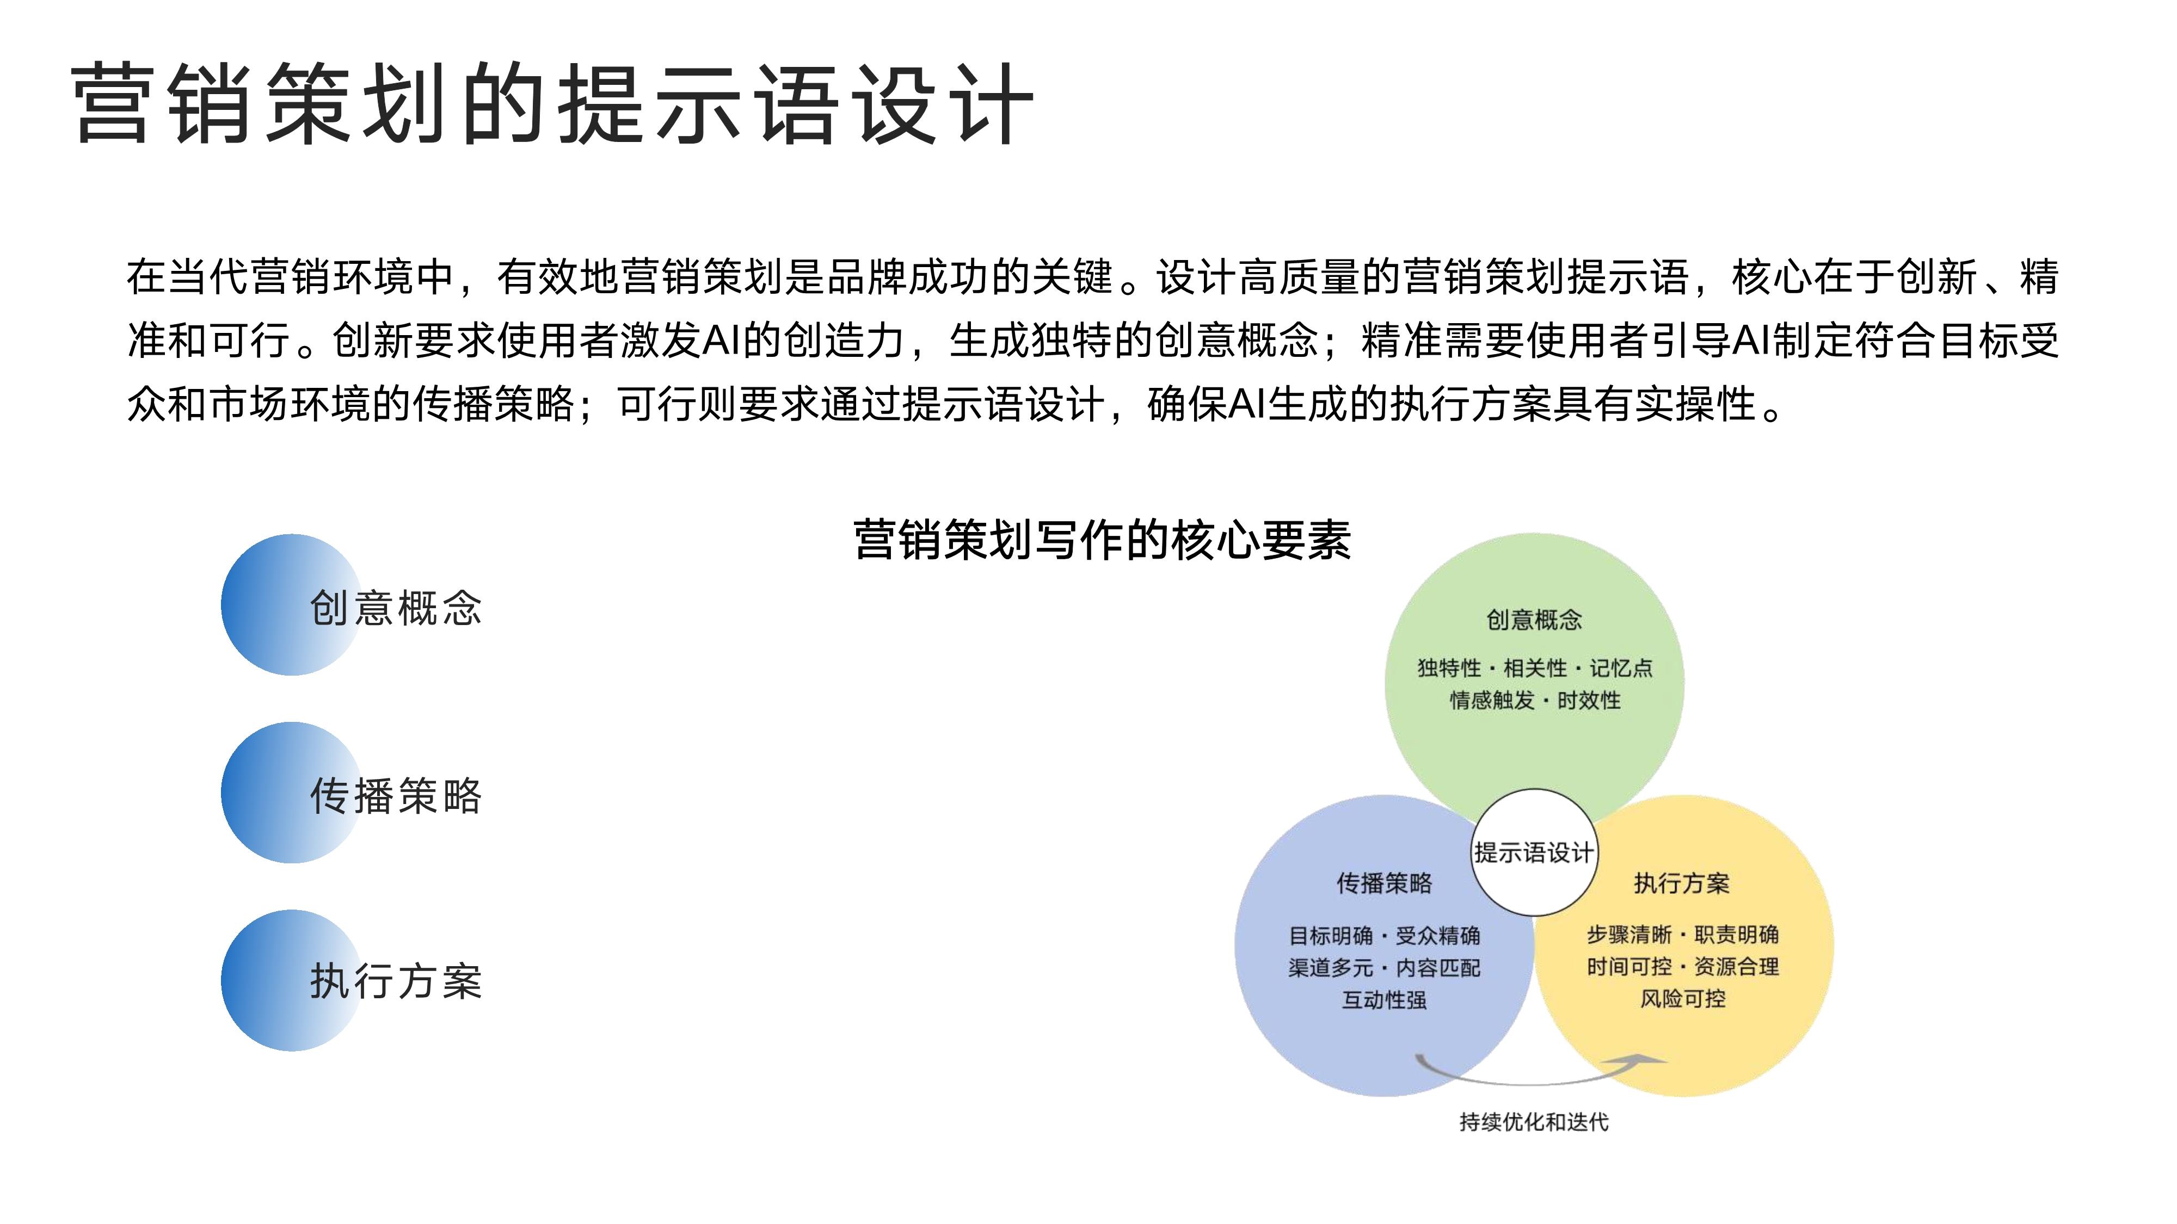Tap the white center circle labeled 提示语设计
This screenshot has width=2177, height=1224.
[1534, 852]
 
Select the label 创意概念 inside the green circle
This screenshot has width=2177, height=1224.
[1534, 620]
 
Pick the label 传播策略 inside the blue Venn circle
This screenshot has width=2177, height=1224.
[1384, 883]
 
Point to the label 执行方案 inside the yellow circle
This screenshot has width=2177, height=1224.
[1682, 883]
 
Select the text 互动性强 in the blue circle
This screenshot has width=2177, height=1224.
[1384, 1000]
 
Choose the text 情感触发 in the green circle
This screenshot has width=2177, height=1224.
[1492, 700]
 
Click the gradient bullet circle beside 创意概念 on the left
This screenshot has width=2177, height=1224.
[292, 605]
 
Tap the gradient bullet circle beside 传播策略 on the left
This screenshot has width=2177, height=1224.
[292, 793]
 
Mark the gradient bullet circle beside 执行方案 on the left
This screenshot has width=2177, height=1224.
[292, 981]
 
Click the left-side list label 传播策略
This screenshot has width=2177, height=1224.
[396, 796]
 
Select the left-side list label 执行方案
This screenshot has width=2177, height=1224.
[396, 981]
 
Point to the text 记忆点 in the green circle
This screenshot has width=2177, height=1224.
[1621, 668]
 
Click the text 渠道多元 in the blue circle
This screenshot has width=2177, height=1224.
[1330, 968]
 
